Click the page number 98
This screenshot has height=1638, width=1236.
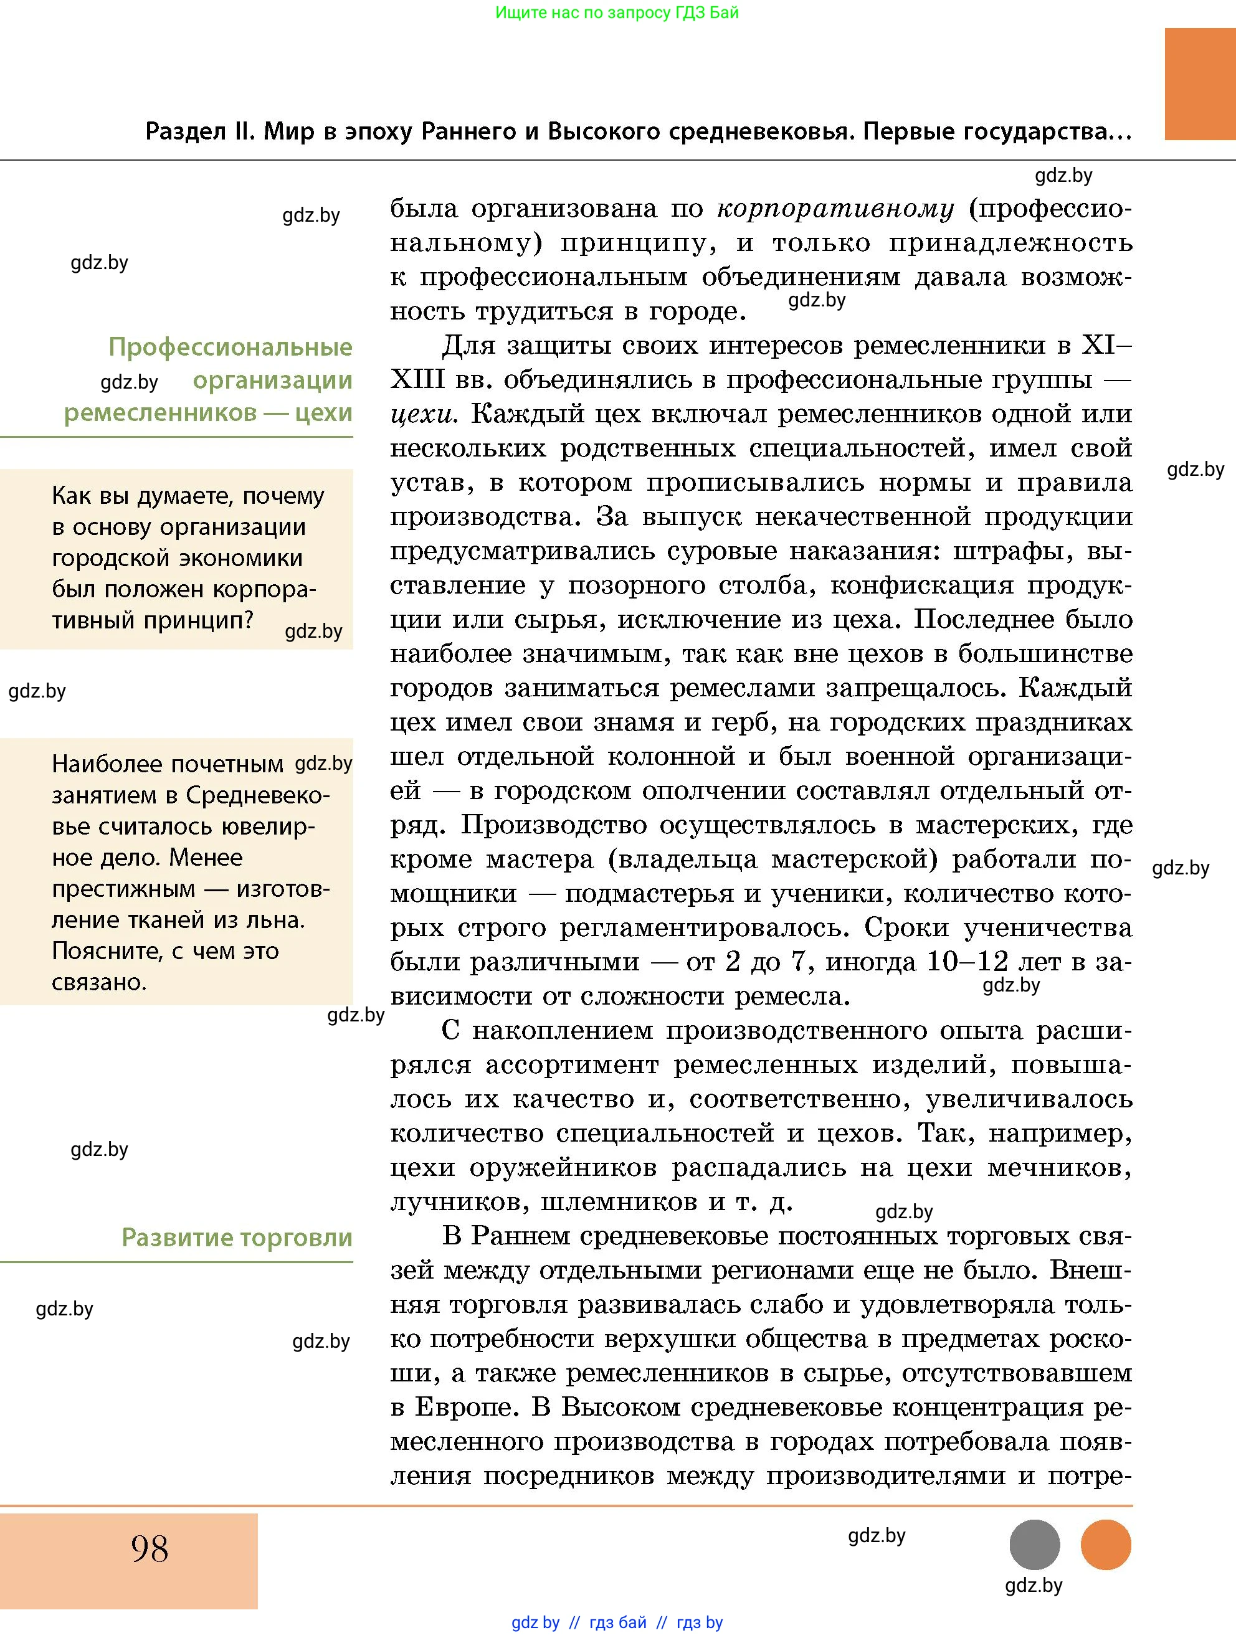click(150, 1548)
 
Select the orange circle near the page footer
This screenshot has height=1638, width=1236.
click(1106, 1545)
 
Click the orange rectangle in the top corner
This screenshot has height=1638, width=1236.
click(1200, 83)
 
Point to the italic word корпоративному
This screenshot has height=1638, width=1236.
click(835, 209)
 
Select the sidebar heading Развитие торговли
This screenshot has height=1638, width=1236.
click(237, 1238)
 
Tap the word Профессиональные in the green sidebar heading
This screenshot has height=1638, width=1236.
click(231, 346)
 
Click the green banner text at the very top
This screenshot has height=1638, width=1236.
click(617, 12)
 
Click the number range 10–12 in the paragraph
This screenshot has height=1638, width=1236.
click(967, 962)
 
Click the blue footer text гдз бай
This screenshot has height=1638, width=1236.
click(617, 1622)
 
